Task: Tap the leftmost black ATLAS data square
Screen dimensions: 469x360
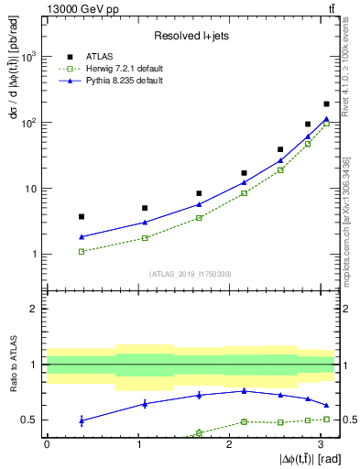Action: [82, 216]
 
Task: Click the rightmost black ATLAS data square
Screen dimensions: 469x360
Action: [326, 104]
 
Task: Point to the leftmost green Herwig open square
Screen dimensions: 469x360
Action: [82, 251]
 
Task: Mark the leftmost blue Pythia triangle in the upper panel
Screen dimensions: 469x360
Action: [82, 236]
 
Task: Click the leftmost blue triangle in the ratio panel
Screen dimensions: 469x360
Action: [82, 420]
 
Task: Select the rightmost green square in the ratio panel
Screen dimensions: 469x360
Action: [326, 419]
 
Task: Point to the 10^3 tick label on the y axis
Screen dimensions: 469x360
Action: [28, 57]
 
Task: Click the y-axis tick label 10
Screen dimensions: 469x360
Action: [30, 189]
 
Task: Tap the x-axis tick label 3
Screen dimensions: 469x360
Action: [321, 443]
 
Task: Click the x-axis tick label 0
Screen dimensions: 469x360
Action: [47, 443]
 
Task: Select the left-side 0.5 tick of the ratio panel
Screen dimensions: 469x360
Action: [31, 420]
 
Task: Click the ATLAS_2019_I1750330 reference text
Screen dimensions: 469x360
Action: [190, 273]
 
